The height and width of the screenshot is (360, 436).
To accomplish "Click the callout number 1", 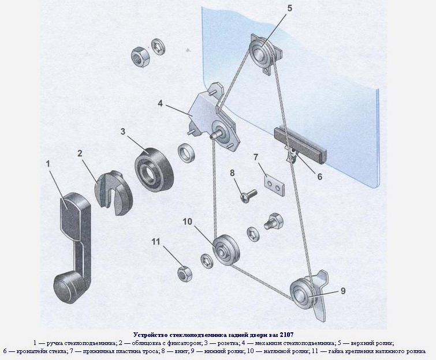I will click(x=49, y=164).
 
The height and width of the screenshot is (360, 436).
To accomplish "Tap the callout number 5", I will click(x=289, y=8).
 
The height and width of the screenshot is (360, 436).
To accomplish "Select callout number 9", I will click(x=342, y=291).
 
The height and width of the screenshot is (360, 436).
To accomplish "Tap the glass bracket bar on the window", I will click(x=300, y=144).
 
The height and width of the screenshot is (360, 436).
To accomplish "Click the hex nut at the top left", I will click(x=139, y=57).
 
